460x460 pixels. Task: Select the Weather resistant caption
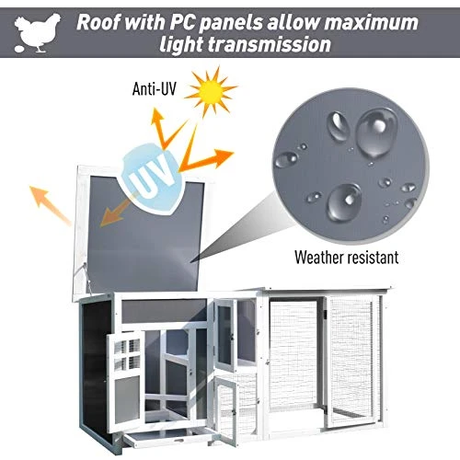coord(345,257)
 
